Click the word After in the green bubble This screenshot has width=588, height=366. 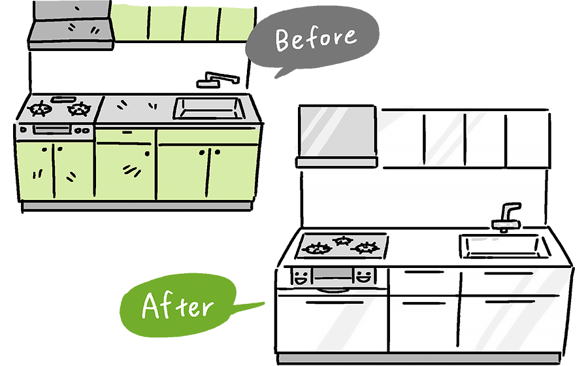click(177, 305)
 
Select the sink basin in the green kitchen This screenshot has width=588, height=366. click(208, 108)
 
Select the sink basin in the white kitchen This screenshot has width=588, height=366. click(505, 246)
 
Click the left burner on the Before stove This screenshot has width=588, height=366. click(41, 108)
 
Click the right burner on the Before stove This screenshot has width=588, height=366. click(79, 108)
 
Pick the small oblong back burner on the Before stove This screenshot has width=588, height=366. click(63, 99)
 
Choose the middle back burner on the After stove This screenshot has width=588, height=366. click(342, 241)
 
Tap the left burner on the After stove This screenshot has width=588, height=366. click(318, 248)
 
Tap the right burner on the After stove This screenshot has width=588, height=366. click(365, 247)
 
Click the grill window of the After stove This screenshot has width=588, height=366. click(333, 275)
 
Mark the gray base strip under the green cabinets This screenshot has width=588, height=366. click(137, 205)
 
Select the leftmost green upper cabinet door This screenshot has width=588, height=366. click(129, 23)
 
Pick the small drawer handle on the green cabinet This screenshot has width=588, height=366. click(124, 132)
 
